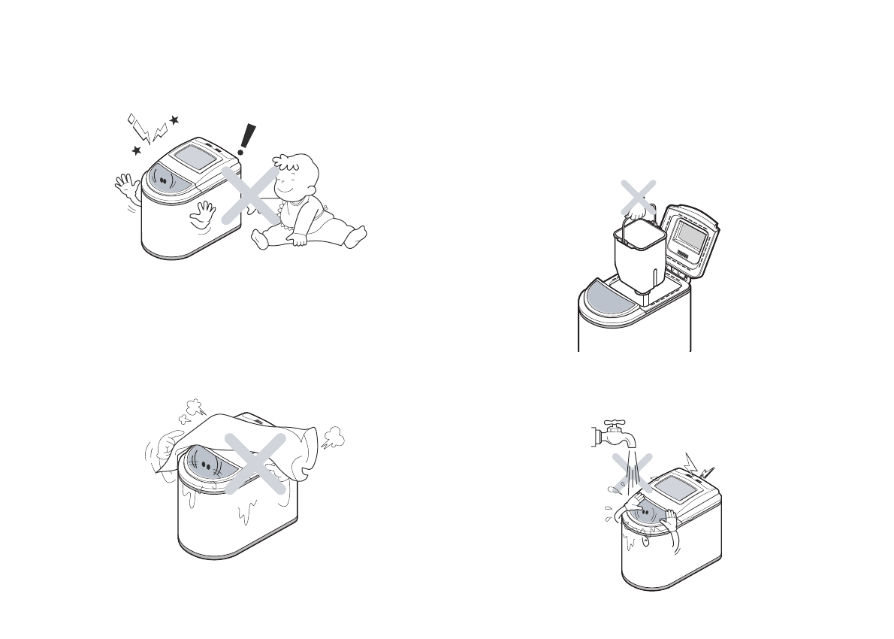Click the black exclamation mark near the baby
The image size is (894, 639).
(243, 140)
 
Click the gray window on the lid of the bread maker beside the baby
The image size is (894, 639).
(194, 159)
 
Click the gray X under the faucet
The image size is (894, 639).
(628, 473)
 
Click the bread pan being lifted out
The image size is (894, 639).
(639, 256)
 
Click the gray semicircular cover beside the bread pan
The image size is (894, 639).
(609, 297)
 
